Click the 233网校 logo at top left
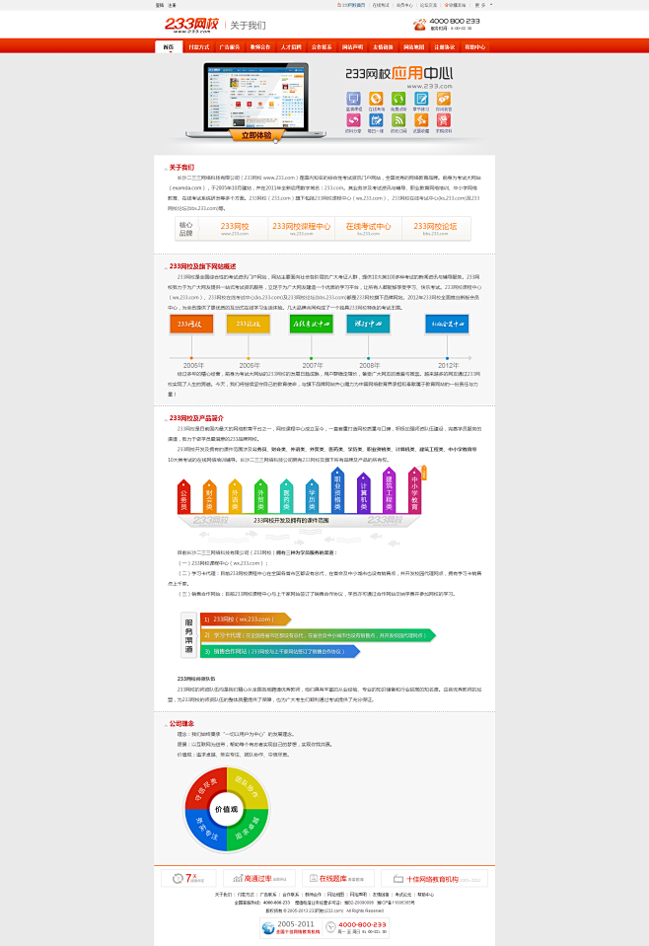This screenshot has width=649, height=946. [192, 24]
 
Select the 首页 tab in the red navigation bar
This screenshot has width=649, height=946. [169, 46]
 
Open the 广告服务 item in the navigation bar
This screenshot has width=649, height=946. [230, 46]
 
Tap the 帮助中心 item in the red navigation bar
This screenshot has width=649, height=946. [474, 46]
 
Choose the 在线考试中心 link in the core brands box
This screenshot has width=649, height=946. [368, 228]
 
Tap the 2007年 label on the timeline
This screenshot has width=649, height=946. [312, 365]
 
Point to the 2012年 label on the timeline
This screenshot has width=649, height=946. [447, 365]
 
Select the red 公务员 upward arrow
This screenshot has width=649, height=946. [184, 498]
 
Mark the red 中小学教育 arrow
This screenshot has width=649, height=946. [414, 489]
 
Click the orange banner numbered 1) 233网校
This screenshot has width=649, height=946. [245, 619]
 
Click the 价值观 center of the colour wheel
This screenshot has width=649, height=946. [227, 808]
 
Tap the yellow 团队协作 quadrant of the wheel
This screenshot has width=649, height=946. [249, 786]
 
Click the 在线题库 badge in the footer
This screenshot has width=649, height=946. [334, 878]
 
